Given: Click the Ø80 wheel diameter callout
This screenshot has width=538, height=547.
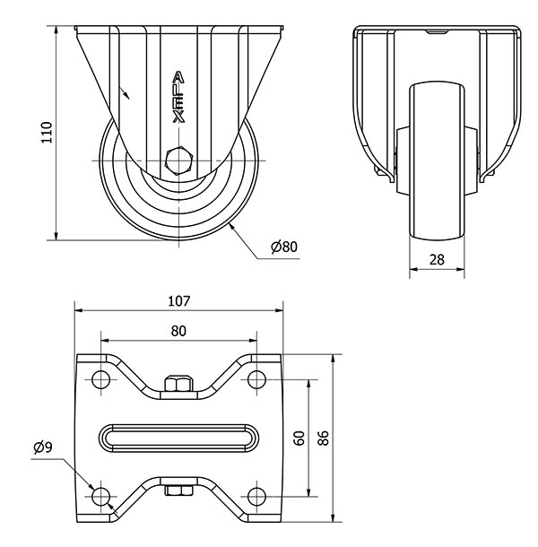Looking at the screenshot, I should (283, 247).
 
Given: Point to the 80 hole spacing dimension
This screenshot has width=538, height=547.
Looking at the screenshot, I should (178, 331).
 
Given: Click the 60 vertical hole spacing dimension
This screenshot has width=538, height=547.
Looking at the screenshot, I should (299, 437).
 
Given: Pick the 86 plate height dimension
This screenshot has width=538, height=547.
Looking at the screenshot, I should (323, 437).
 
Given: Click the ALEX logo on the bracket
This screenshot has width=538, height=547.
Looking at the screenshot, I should (178, 97).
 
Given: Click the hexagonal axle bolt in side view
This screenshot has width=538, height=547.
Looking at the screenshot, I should (178, 162).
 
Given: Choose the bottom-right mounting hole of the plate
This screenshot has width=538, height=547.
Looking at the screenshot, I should (258, 495).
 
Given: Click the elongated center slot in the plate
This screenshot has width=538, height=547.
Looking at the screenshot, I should (178, 437).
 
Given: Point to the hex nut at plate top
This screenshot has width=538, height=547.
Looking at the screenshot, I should (178, 386).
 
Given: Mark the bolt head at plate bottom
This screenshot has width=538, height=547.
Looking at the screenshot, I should (178, 490).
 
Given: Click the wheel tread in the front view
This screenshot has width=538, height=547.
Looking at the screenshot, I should (437, 161).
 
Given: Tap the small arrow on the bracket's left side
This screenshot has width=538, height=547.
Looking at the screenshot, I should (125, 91).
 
